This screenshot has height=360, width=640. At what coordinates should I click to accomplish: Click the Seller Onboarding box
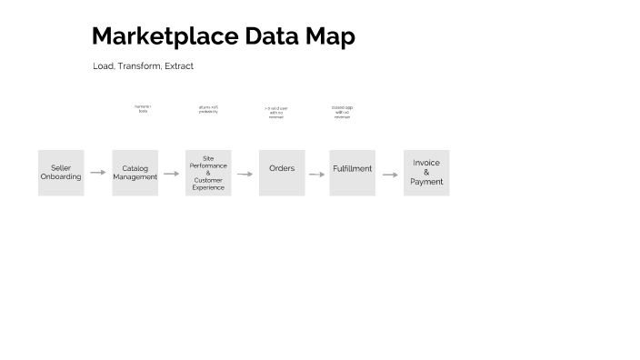pyautogui.click(x=61, y=173)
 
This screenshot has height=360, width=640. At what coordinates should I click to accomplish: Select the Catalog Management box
pyautogui.click(x=135, y=173)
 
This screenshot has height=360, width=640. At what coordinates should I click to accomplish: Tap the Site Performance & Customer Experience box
pyautogui.click(x=208, y=173)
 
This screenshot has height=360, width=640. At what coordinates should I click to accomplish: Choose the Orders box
pyautogui.click(x=282, y=173)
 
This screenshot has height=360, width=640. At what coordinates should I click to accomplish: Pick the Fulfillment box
pyautogui.click(x=352, y=173)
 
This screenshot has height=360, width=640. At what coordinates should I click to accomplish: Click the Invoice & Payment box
pyautogui.click(x=426, y=173)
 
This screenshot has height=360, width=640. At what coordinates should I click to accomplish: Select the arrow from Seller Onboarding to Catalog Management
pyautogui.click(x=98, y=172)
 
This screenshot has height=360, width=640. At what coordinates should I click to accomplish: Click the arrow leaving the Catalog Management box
pyautogui.click(x=172, y=173)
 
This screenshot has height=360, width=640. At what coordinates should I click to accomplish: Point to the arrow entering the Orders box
pyautogui.click(x=245, y=174)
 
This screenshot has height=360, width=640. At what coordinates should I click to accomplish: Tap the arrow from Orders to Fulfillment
pyautogui.click(x=316, y=174)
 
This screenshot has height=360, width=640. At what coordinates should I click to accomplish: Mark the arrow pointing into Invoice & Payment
pyautogui.click(x=390, y=175)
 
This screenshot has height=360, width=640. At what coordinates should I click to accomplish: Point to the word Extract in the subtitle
pyautogui.click(x=179, y=66)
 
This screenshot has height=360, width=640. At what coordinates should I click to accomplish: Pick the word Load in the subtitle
pyautogui.click(x=103, y=66)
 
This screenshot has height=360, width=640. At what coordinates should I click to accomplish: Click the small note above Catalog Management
pyautogui.click(x=143, y=109)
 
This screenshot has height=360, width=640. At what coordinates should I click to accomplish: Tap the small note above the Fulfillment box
pyautogui.click(x=342, y=112)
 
